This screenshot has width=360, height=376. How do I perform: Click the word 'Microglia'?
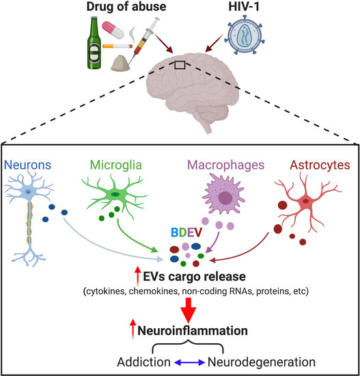point(111,166)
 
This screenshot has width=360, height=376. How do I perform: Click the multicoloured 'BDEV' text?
point(180,236)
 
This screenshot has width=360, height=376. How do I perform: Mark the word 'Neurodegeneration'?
point(258,360)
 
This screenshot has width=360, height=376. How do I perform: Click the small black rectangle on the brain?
point(180,65)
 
